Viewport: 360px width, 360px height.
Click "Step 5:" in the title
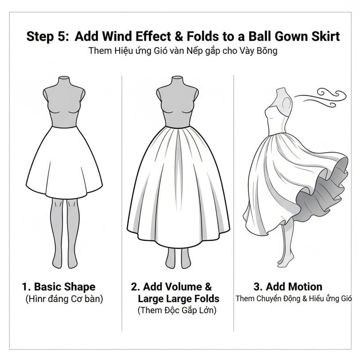[x=47, y=36]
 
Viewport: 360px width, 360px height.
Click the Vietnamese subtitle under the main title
[x=180, y=51]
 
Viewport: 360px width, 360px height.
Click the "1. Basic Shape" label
[x=58, y=287]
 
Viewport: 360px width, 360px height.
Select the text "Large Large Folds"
[x=178, y=298]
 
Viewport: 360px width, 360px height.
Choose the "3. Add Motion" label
[x=288, y=287]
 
